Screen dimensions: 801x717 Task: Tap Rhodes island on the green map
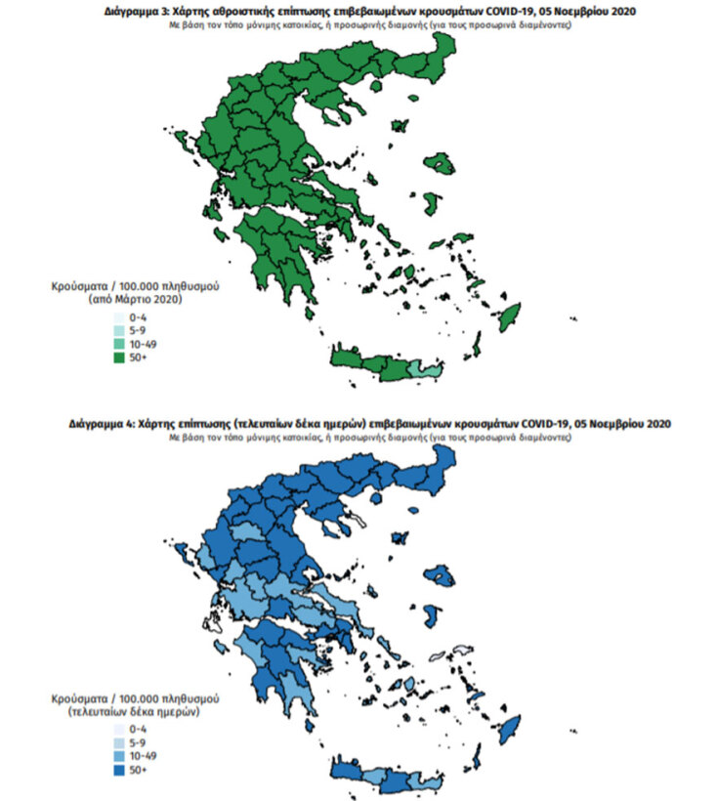509,317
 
